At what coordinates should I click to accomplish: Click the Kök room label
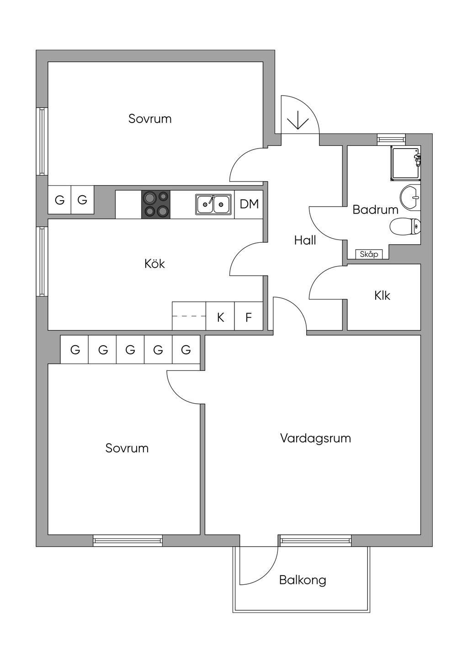click(154, 264)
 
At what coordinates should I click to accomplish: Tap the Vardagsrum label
click(315, 438)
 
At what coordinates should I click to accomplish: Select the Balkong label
click(303, 580)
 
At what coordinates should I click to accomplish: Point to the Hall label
click(305, 240)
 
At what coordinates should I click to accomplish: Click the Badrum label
click(375, 210)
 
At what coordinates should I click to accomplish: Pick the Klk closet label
click(382, 296)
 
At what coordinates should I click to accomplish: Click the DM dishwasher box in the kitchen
click(249, 204)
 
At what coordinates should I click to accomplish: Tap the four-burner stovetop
click(156, 204)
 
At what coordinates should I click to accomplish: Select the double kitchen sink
click(213, 204)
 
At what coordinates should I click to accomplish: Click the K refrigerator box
click(220, 317)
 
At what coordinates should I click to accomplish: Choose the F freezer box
click(249, 317)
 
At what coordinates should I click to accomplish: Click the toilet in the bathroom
click(405, 226)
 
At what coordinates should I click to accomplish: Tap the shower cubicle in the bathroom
click(405, 163)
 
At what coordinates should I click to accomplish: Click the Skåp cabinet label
click(369, 254)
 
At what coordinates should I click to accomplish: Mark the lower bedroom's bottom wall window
click(128, 541)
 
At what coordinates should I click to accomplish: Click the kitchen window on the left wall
click(42, 262)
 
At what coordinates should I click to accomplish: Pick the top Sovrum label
click(150, 119)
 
